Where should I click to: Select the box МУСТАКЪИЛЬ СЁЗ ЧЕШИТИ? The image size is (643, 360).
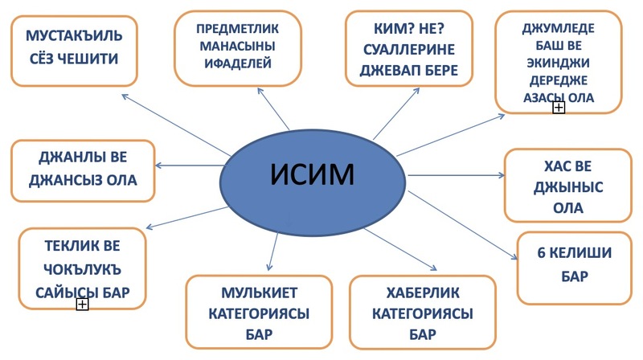(x=72, y=50)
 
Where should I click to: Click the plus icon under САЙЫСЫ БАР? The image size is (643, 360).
(x=81, y=305)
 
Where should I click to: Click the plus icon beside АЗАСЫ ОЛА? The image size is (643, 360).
(x=559, y=108)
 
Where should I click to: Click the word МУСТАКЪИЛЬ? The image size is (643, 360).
(x=72, y=36)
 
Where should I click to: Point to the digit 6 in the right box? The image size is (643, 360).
(x=542, y=253)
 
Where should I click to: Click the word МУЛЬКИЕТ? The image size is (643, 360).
(x=258, y=291)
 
